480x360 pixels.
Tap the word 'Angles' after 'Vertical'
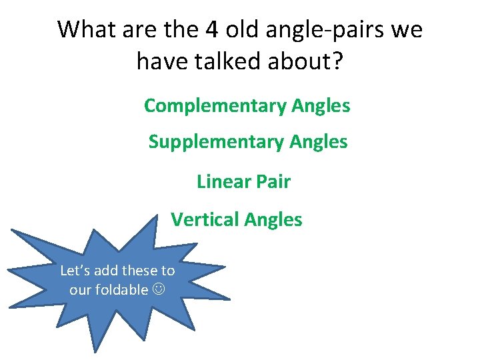(x=273, y=220)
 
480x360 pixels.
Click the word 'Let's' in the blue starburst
(x=73, y=271)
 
